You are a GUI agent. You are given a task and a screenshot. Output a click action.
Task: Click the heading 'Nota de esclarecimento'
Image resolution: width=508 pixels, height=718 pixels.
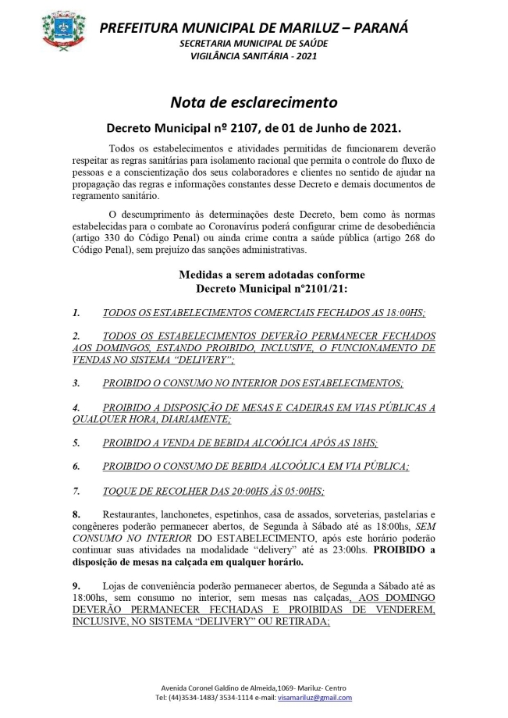(x=254, y=101)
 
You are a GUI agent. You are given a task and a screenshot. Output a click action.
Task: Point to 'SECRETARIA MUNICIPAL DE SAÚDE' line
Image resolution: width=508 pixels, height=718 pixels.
(x=253, y=44)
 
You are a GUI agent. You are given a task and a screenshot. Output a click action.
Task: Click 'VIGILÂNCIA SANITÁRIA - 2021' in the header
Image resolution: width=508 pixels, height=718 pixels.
(x=253, y=57)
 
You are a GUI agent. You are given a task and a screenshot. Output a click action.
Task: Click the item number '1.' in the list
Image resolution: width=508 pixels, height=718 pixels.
(x=76, y=313)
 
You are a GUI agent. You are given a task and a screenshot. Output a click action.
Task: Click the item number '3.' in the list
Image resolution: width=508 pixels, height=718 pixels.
(x=76, y=384)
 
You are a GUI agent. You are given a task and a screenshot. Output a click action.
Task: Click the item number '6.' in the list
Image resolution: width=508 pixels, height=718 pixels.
(x=76, y=467)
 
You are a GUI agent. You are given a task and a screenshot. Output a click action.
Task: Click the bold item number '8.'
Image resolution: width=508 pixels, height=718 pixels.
(x=76, y=515)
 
